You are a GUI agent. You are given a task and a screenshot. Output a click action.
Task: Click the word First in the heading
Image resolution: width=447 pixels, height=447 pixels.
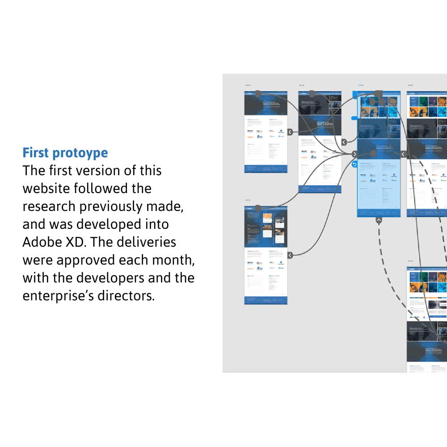(x=36, y=153)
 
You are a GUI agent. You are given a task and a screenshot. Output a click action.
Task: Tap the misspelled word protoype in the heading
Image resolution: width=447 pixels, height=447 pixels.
(x=80, y=153)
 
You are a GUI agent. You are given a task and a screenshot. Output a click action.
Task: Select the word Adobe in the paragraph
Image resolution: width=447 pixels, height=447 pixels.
(x=40, y=242)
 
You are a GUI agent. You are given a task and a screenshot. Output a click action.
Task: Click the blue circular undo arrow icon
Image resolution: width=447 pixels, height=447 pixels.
(x=354, y=164)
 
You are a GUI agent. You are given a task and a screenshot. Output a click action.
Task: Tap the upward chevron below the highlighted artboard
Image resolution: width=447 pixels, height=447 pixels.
(x=379, y=220)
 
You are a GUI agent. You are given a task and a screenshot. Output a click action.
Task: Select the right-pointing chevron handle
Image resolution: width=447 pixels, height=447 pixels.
(x=354, y=154)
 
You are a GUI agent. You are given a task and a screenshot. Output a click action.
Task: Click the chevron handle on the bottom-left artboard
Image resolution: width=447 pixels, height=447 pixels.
(x=290, y=255)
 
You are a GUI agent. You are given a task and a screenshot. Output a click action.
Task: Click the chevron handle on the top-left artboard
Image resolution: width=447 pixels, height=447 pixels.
(x=290, y=132)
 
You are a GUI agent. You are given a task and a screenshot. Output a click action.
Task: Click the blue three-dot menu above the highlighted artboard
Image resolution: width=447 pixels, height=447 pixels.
(x=361, y=85)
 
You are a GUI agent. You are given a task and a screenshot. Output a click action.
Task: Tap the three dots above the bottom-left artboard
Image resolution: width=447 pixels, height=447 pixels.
(x=248, y=200)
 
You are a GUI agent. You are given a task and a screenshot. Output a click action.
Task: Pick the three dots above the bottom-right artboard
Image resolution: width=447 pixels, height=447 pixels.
(x=410, y=261)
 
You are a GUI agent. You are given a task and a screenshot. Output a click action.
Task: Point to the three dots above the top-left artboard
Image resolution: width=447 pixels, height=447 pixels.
(x=248, y=85)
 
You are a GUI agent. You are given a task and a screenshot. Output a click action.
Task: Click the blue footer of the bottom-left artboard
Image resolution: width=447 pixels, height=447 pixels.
(x=266, y=300)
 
